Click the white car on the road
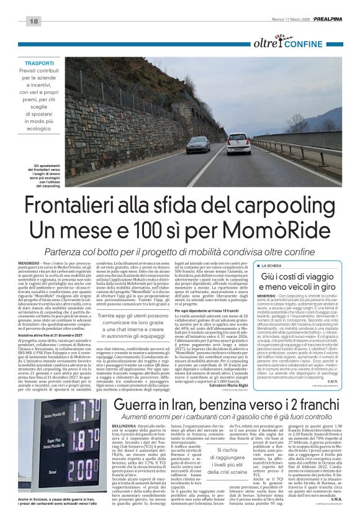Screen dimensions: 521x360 click(x=238, y=144)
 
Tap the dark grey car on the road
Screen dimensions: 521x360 click(x=197, y=145)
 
